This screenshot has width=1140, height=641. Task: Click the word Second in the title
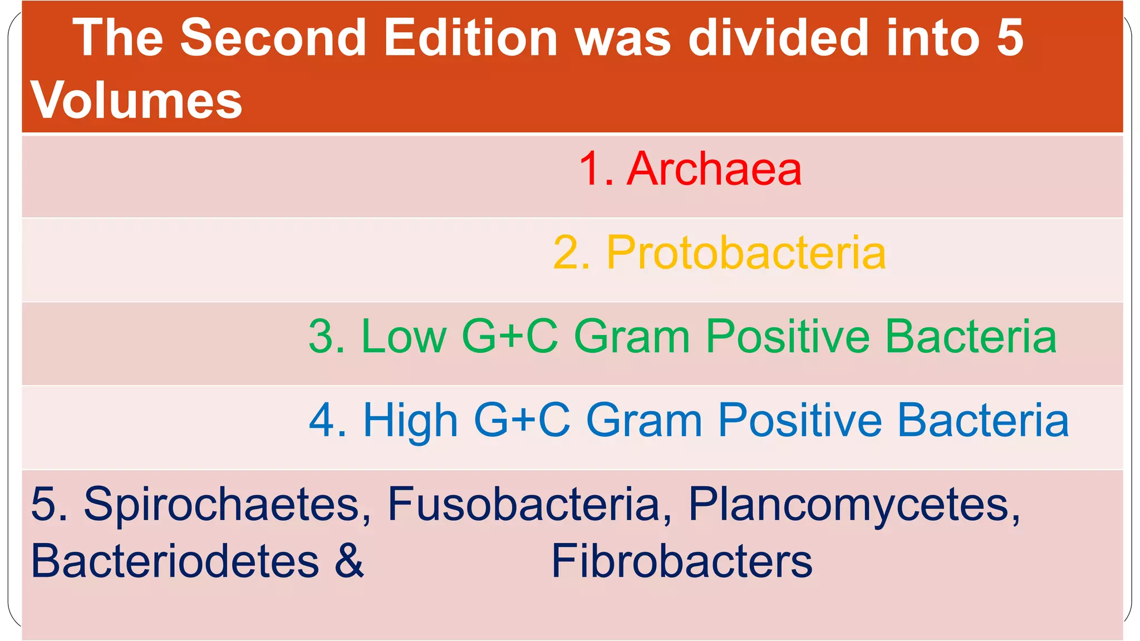(273, 38)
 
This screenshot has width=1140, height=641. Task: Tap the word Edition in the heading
(470, 38)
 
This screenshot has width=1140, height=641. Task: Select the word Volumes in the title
(136, 100)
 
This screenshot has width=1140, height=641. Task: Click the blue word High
(410, 420)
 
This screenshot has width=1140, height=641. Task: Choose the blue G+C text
(522, 420)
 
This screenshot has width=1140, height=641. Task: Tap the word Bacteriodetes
(175, 561)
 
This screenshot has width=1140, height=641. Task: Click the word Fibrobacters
(682, 561)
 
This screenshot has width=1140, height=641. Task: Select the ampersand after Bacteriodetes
(349, 561)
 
